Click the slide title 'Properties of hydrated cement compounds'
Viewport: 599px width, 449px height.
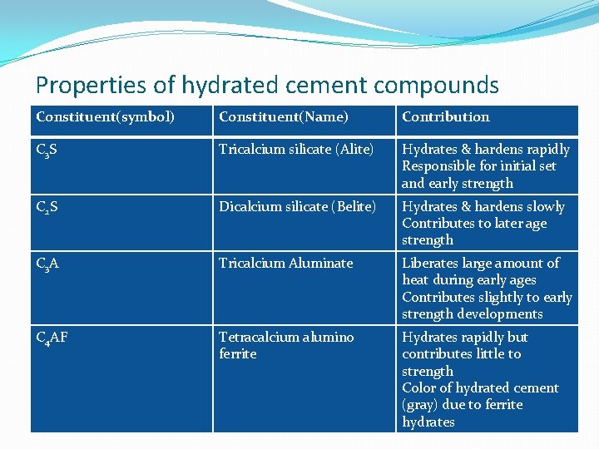point(267,85)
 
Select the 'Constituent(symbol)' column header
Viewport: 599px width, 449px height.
point(105,117)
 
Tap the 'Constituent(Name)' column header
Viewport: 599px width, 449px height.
point(284,117)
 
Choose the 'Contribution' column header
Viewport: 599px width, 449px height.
point(446,117)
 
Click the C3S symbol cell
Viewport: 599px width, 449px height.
point(47,150)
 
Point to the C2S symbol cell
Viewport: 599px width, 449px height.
point(47,207)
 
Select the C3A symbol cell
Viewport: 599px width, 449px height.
point(47,264)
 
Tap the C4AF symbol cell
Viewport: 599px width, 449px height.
point(52,338)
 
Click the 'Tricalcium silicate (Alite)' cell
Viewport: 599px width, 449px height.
point(296,150)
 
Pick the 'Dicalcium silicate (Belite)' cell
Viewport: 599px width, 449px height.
point(298,206)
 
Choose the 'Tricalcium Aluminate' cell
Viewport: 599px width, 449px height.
point(286,263)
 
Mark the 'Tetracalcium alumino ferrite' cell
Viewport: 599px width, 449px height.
point(286,345)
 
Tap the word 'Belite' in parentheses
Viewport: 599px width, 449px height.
point(356,206)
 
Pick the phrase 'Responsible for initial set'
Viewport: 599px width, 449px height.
point(479,166)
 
